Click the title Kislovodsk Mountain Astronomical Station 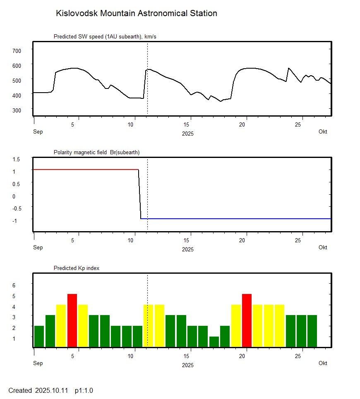tap(136, 13)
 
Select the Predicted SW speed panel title tap(105, 37)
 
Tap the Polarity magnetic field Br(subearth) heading tap(96, 153)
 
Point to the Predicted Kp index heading tap(77, 268)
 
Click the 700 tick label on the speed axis tap(17, 50)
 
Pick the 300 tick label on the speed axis tap(17, 110)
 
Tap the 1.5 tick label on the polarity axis tap(17, 159)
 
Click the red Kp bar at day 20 tap(247, 320)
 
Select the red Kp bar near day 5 tap(72, 320)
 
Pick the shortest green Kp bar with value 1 tap(214, 342)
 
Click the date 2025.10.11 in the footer tap(52, 390)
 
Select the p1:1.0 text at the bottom tap(84, 390)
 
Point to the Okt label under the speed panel tap(323, 132)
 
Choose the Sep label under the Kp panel tap(38, 363)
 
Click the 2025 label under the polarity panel tap(187, 249)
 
